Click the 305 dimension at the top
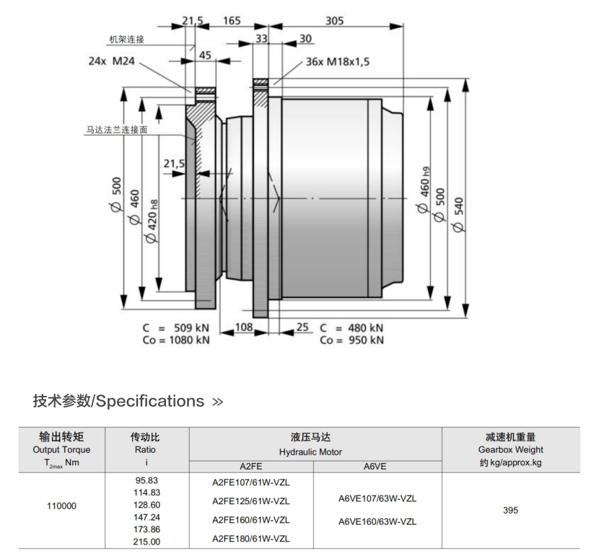(x=334, y=20)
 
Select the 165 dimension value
(x=232, y=20)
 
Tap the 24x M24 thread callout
(x=111, y=61)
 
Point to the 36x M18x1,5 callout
(x=338, y=62)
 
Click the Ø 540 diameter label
(x=458, y=215)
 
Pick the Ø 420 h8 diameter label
(x=152, y=221)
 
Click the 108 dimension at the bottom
(x=244, y=327)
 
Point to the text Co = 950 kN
(x=351, y=340)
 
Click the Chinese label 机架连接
(x=126, y=40)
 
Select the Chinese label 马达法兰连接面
(x=117, y=130)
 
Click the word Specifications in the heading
(x=150, y=401)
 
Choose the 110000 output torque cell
(x=61, y=506)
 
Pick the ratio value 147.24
(x=147, y=517)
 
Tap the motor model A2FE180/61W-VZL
(x=250, y=539)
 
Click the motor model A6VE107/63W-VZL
(x=377, y=499)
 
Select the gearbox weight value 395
(x=510, y=510)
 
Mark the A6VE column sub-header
(x=375, y=467)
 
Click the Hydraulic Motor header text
(x=310, y=452)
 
